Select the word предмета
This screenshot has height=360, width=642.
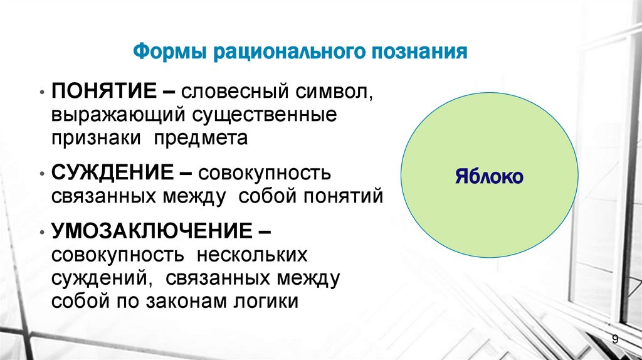coord(203,139)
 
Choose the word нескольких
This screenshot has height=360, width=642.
coord(252,255)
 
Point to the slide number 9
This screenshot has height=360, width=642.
coord(615,339)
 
